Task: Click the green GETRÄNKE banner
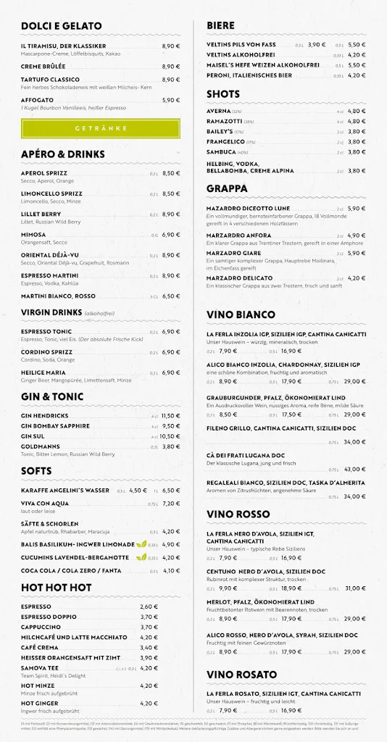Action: pos(100,128)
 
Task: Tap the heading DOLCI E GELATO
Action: pos(61,25)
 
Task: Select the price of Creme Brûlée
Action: pos(171,66)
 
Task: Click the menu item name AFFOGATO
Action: pos(37,100)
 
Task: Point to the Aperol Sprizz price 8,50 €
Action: pos(171,174)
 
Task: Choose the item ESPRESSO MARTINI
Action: pos(49,275)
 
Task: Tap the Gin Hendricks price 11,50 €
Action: pos(170,416)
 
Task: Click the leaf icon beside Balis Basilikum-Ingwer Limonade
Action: pos(143,544)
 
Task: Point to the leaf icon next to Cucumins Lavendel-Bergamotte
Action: pos(143,557)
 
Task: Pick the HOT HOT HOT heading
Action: pos(56,587)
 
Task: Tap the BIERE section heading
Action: pos(220,25)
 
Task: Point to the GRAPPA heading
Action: pos(227,188)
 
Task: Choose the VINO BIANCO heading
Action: pos(241,314)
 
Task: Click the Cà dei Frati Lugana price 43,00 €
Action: pos(355,469)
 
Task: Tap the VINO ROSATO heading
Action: pos(241,675)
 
